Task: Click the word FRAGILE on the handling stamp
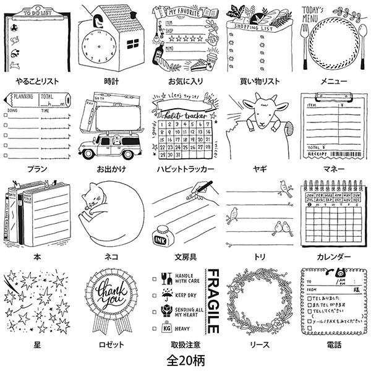[210, 301]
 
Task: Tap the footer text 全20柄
[185, 359]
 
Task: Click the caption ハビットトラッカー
[185, 168]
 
